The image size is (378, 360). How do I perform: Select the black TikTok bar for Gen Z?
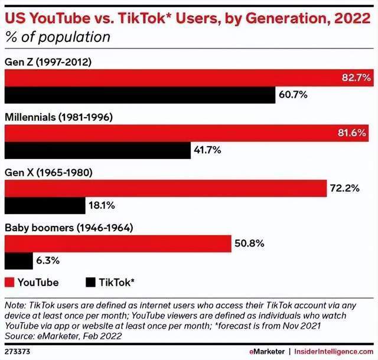pos(140,95)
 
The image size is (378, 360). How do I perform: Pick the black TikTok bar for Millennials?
pos(97,150)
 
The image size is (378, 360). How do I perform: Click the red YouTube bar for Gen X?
pos(165,189)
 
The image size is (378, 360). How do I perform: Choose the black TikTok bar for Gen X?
pos(45,205)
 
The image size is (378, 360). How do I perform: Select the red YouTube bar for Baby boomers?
pos(118,244)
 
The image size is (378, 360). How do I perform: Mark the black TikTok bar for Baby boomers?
pos(19,261)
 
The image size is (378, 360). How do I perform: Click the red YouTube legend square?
pos(9,282)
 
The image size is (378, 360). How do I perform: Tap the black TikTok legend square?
pos(90,282)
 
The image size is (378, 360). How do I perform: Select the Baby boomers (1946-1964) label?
pos(69,228)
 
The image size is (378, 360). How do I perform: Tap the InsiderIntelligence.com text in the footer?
pos(334,351)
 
